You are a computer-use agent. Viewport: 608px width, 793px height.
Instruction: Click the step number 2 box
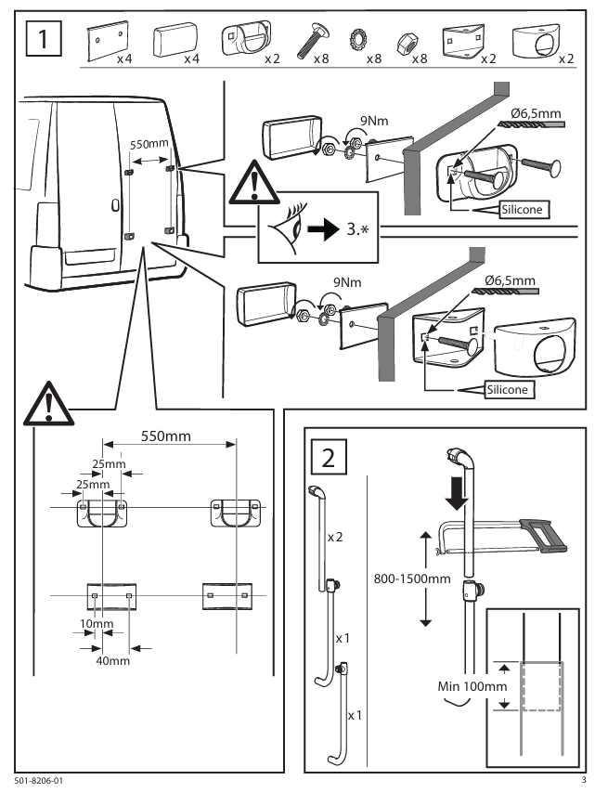tap(330, 457)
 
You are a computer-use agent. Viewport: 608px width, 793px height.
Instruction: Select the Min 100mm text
tap(463, 685)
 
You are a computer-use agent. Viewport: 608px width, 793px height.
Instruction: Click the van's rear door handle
tap(114, 205)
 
